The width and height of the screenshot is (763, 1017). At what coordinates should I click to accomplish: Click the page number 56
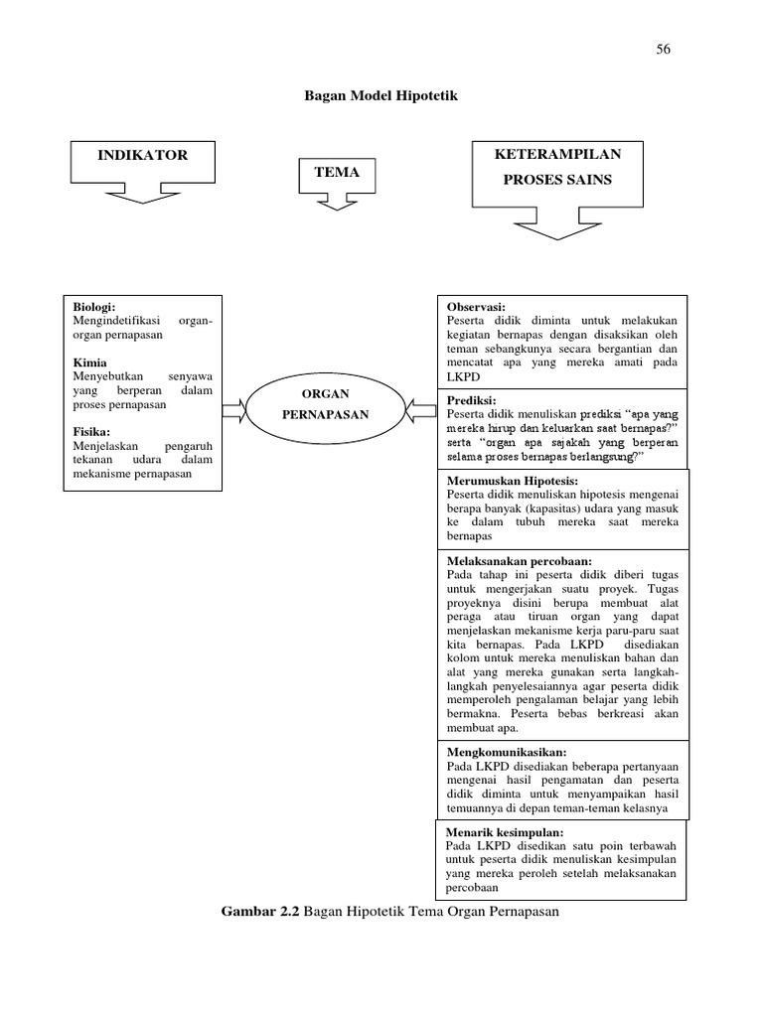pos(663,51)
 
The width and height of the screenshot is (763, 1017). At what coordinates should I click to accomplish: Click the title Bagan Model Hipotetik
pos(381,96)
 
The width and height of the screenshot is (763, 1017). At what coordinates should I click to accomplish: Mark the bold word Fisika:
pos(92,432)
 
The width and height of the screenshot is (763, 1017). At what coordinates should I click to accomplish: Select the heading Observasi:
pos(477,308)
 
